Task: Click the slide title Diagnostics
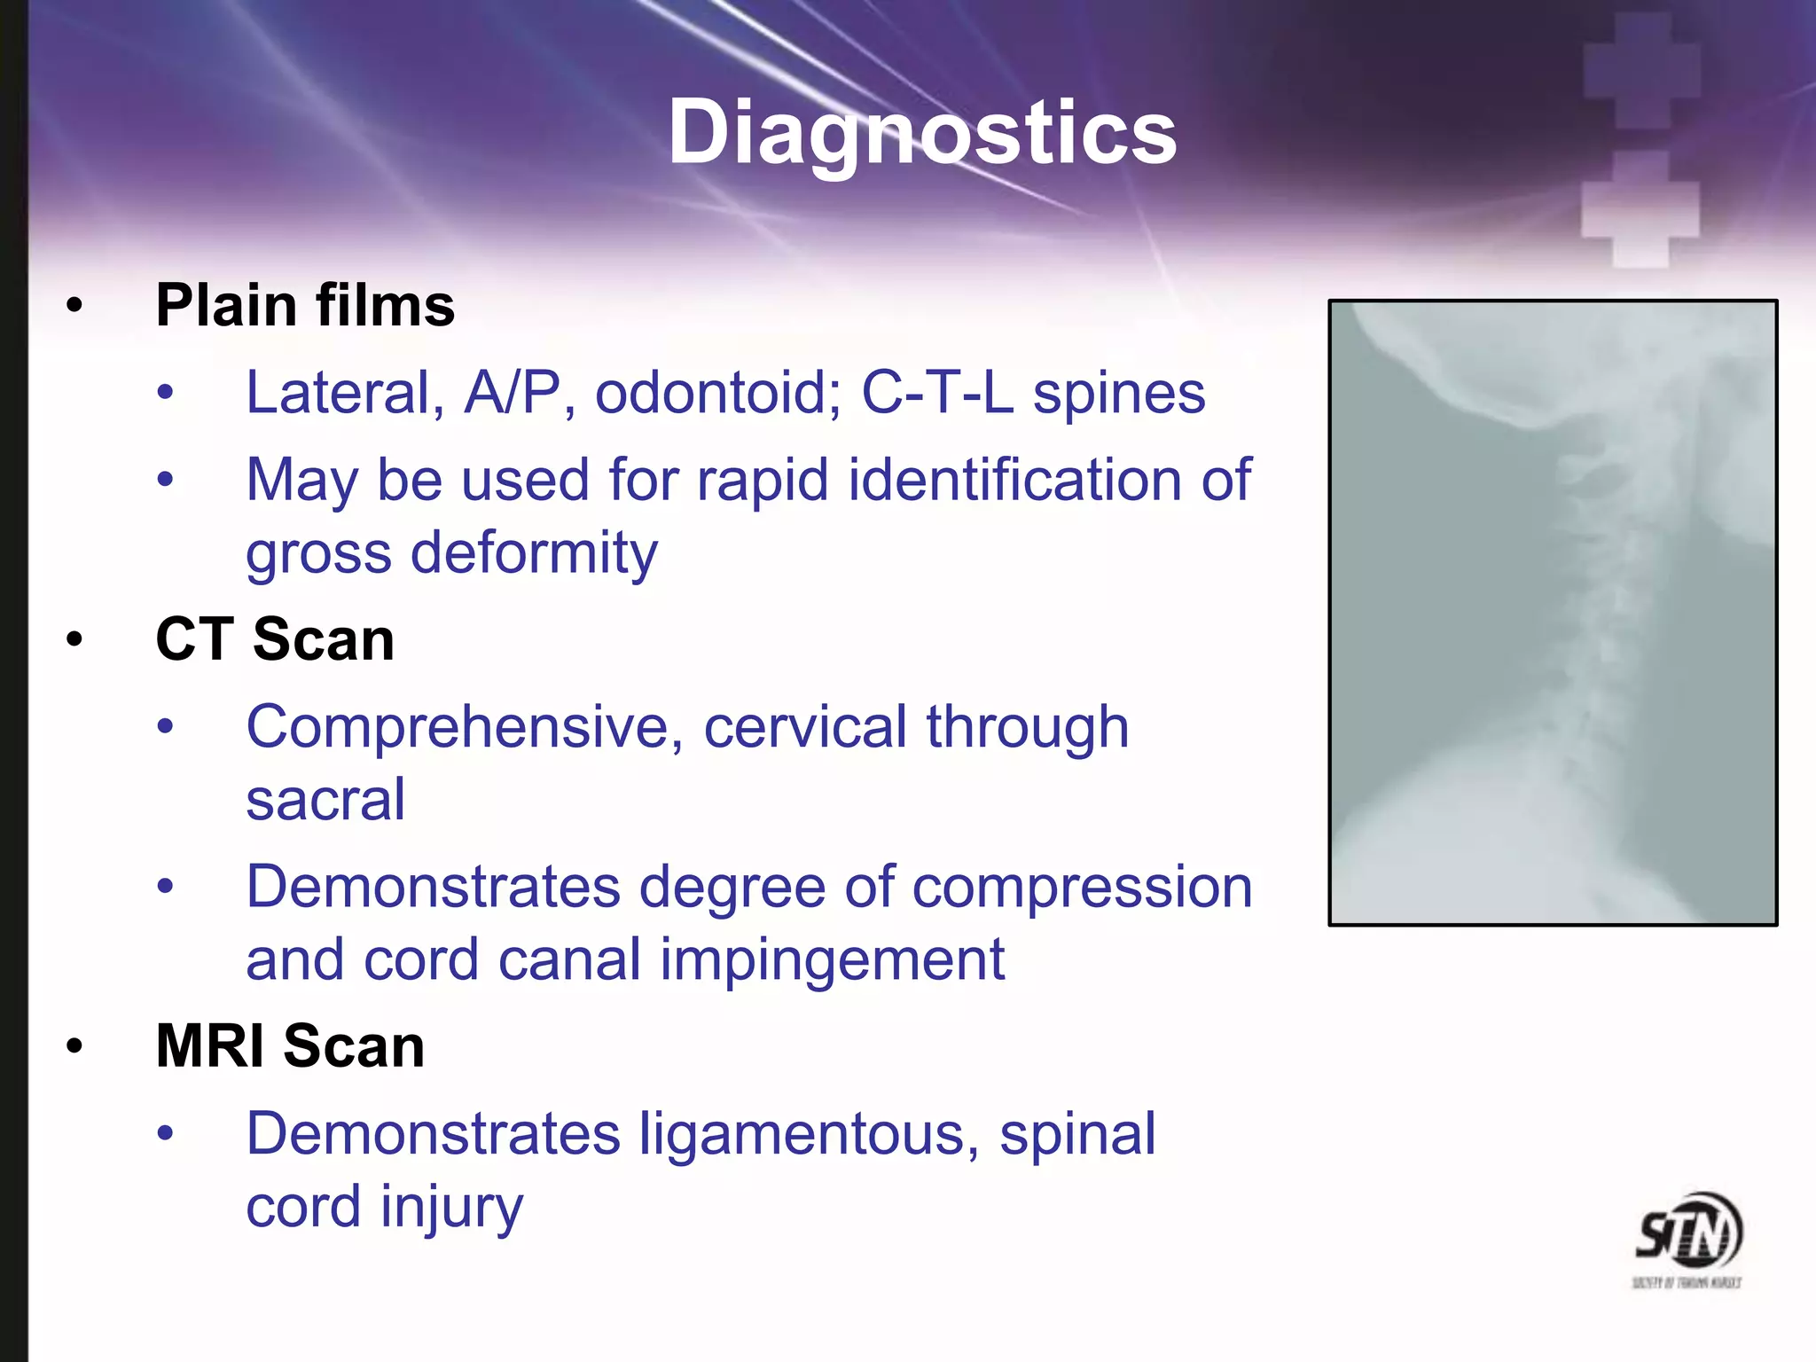(x=922, y=133)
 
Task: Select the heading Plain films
(x=305, y=305)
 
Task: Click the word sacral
(x=325, y=800)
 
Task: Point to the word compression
(x=1082, y=887)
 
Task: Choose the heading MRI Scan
(x=290, y=1045)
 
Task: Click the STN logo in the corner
(x=1688, y=1237)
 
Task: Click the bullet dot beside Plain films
(x=74, y=306)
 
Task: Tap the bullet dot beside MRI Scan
(x=74, y=1046)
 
